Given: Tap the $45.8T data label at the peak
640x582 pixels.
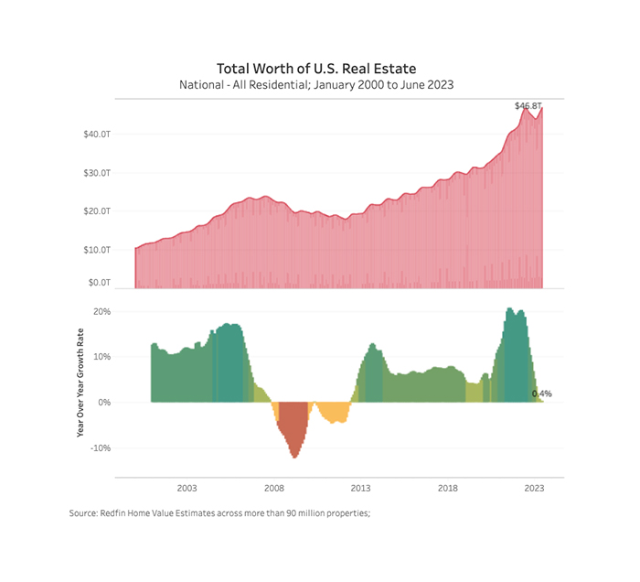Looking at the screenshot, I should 528,106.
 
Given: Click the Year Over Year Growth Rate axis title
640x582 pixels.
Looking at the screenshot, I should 80,383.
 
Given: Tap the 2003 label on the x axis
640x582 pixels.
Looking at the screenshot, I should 187,489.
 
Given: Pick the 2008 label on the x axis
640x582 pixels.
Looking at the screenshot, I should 274,489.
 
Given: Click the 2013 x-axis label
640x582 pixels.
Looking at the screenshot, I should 361,489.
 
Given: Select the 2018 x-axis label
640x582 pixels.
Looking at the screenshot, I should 448,489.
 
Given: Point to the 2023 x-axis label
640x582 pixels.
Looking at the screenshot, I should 534,489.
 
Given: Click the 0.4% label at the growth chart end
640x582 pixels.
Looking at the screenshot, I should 541,393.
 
